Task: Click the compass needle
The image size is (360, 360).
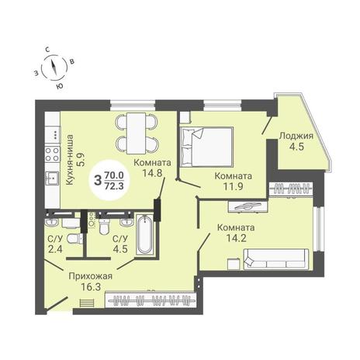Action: pos(54,67)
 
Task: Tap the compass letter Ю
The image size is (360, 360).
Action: pos(60,87)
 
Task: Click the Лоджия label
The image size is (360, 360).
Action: pos(296,136)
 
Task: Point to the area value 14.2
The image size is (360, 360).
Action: pos(236,238)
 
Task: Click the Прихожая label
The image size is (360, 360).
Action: pos(90,276)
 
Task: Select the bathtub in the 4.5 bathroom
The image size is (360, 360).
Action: pos(144,234)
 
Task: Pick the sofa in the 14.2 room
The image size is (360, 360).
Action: pos(276,259)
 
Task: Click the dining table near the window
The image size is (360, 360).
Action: pos(136,133)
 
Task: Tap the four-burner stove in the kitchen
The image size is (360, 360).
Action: pos(52,154)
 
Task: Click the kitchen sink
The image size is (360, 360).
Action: pos(52,178)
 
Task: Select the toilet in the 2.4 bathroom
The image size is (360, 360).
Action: pos(74,239)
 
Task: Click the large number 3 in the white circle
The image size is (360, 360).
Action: pos(98,180)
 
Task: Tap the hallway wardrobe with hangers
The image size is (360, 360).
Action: pos(150,300)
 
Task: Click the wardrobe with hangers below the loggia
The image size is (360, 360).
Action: pos(291,189)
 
